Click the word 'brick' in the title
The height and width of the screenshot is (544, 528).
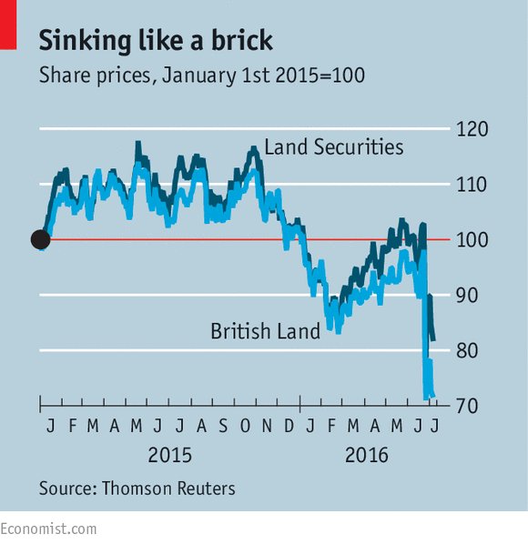coord(232,41)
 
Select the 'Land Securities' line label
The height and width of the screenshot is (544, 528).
coord(333,146)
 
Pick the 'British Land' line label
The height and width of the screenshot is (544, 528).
coord(265,331)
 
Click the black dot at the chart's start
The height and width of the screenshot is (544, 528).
coord(40,239)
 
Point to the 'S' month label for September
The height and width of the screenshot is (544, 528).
coord(225,426)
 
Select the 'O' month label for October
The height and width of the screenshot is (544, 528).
coord(246,426)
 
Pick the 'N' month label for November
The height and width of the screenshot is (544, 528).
coord(268,426)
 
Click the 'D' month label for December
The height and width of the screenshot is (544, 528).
coord(289,426)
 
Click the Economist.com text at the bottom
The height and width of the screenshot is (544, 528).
coord(48,529)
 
